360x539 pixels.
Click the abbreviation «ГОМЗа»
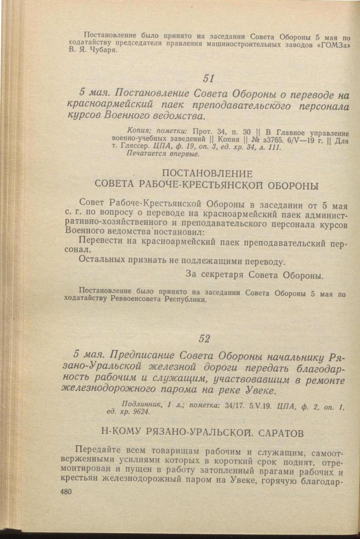(x=332, y=43)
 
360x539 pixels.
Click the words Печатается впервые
(x=155, y=154)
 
